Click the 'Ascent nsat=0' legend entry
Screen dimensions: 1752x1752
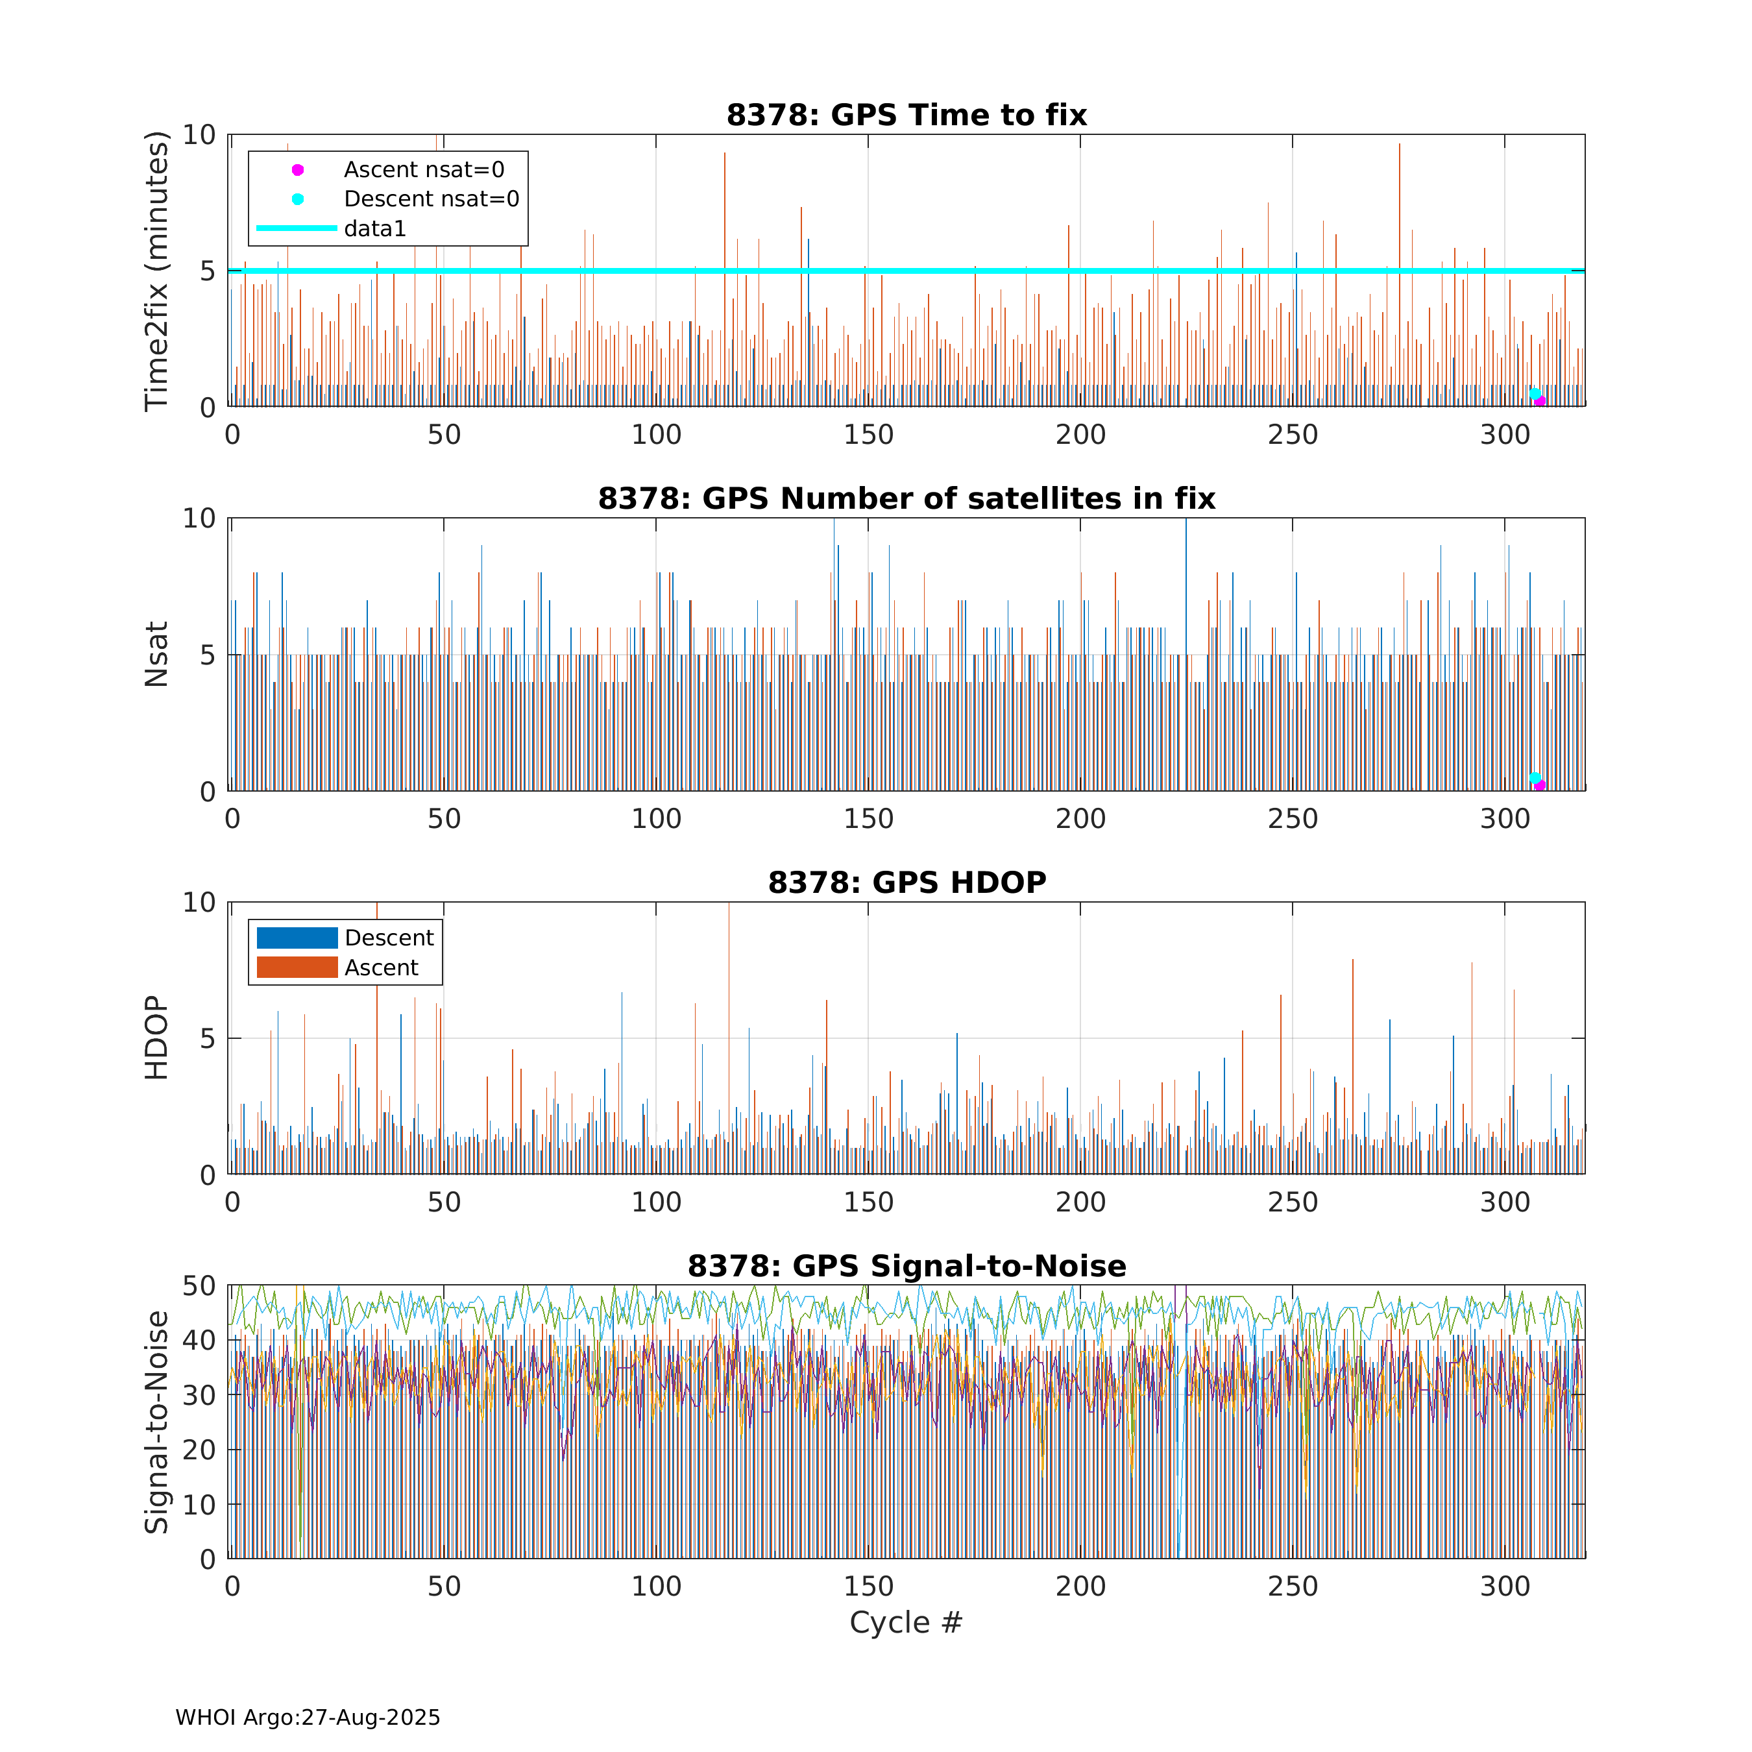[424, 169]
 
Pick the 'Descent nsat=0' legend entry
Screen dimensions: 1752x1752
[431, 199]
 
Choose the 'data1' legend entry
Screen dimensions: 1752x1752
[374, 228]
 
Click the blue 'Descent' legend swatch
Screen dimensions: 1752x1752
[297, 938]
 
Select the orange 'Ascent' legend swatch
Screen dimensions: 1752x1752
[297, 967]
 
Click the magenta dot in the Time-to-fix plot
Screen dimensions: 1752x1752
[1540, 402]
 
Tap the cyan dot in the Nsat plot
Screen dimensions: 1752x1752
[1535, 778]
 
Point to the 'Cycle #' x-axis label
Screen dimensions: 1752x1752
[905, 1622]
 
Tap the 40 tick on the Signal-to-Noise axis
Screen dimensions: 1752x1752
[199, 1341]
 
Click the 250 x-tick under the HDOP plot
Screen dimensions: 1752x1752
[1292, 1202]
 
